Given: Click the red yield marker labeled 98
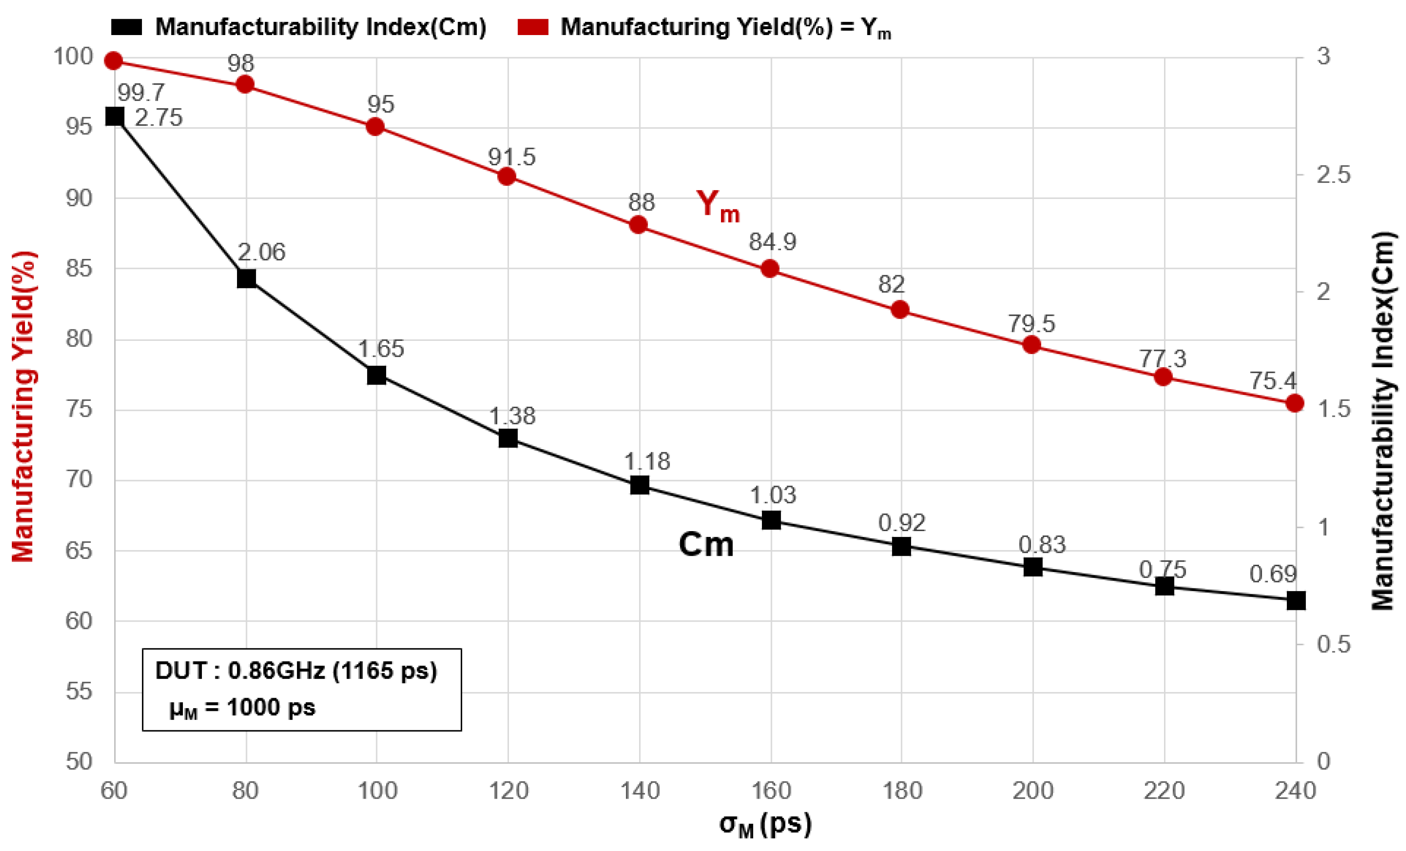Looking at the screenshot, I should click(x=245, y=85).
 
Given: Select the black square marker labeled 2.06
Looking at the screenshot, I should click(x=246, y=279).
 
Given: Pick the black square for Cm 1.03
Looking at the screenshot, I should click(x=771, y=520).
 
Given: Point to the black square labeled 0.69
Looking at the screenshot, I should click(x=1296, y=600).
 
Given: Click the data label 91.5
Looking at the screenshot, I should click(x=511, y=157).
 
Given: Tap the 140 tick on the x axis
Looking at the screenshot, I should click(x=640, y=791).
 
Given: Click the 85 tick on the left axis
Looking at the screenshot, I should click(x=79, y=268).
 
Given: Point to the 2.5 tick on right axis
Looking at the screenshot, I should click(x=1334, y=175).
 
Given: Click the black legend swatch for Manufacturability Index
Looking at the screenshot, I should click(x=126, y=27).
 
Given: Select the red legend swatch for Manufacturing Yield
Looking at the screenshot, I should click(x=533, y=27).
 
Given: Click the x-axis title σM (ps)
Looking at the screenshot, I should click(x=765, y=824).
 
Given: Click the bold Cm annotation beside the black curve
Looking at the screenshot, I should click(x=706, y=544).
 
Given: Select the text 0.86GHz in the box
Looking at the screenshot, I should click(x=276, y=671).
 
